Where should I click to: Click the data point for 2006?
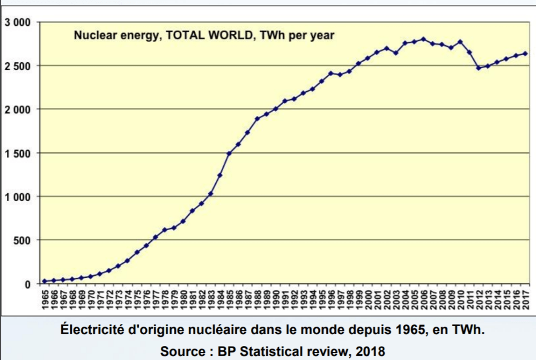click(x=423, y=39)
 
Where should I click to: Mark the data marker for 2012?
click(x=479, y=68)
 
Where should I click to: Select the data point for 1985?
click(x=229, y=153)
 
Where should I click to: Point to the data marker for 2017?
click(x=525, y=53)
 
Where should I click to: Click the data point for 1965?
click(x=45, y=281)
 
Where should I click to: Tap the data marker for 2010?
click(x=460, y=41)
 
